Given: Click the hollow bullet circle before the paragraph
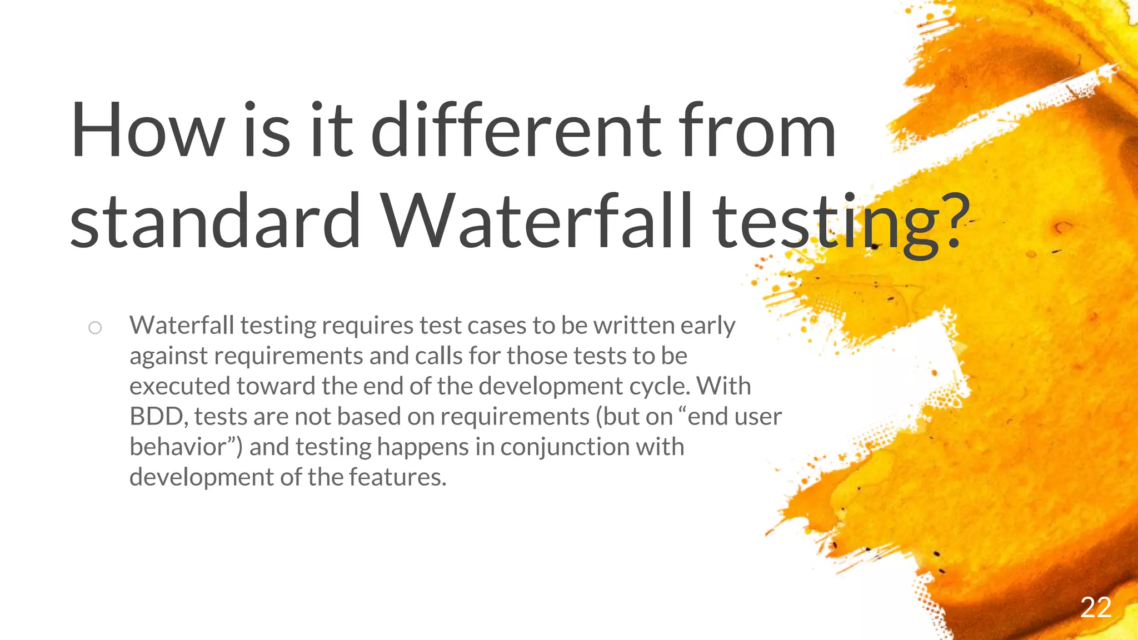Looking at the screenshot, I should pyautogui.click(x=95, y=328).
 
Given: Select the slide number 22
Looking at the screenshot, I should pyautogui.click(x=1095, y=607).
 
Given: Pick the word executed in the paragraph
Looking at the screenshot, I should pyautogui.click(x=179, y=386).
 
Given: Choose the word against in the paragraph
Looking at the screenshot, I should pyautogui.click(x=168, y=357).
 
